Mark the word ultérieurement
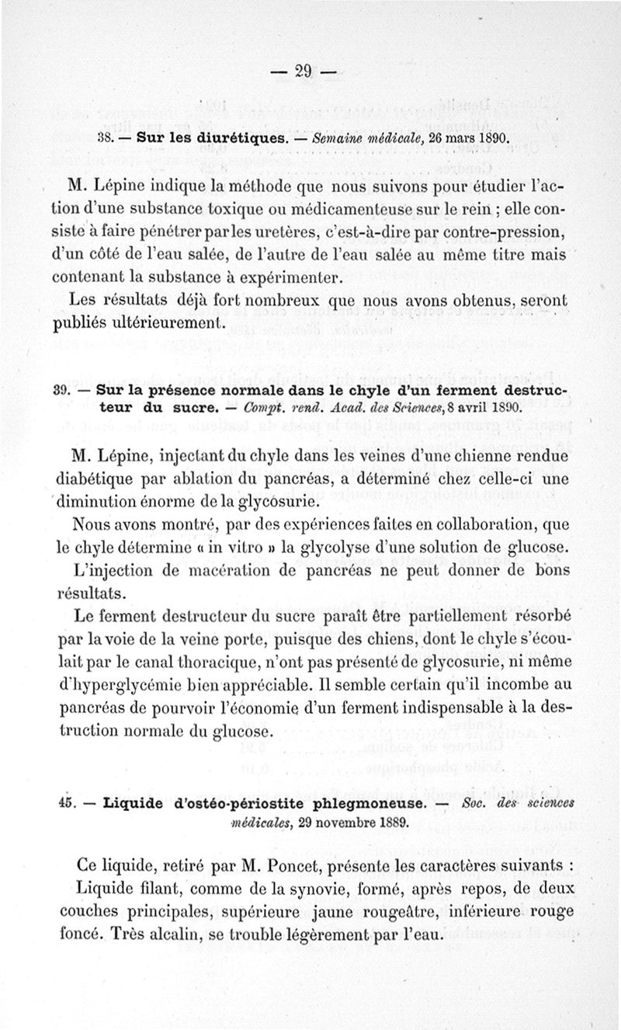coord(163,322)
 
